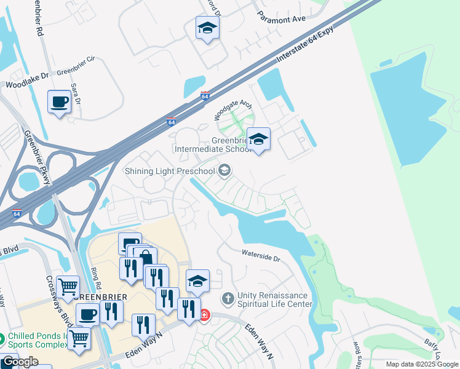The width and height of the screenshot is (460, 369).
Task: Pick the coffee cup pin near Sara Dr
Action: (x=59, y=102)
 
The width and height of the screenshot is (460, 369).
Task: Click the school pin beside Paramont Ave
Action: (x=207, y=28)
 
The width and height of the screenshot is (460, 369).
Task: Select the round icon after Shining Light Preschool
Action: (x=224, y=170)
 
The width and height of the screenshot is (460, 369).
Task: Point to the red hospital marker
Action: (x=204, y=315)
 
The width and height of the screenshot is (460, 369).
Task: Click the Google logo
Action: (x=20, y=362)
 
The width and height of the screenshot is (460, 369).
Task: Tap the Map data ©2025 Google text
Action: (x=422, y=364)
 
